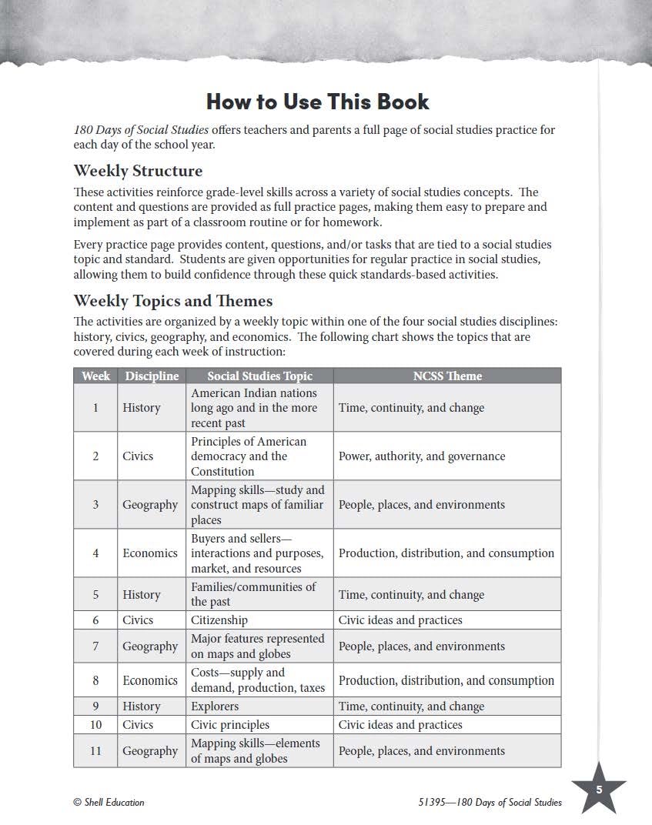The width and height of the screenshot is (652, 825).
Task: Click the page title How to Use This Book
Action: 317,102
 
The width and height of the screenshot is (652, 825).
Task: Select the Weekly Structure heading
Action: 138,171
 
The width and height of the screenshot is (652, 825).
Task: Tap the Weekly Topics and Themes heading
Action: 172,300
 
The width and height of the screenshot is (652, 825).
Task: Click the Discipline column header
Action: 152,376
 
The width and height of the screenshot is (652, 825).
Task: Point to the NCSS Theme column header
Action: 447,376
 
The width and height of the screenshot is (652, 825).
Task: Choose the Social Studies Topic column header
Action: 259,376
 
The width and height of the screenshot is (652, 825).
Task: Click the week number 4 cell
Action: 95,553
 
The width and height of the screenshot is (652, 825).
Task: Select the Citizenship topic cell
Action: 219,620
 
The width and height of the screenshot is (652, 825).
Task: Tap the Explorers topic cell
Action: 215,706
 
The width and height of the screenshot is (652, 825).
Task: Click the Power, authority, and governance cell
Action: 422,456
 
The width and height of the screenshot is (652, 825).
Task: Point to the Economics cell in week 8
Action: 150,680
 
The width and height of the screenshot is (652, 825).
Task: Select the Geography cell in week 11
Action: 150,751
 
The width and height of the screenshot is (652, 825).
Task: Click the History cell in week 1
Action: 142,408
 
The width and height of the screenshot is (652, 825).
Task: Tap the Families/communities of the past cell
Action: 253,594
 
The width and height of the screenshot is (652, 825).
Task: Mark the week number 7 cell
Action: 95,646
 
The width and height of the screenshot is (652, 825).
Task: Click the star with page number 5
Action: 599,789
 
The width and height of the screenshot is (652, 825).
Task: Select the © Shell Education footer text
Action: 109,802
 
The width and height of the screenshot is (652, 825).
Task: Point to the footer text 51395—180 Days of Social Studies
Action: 484,802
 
